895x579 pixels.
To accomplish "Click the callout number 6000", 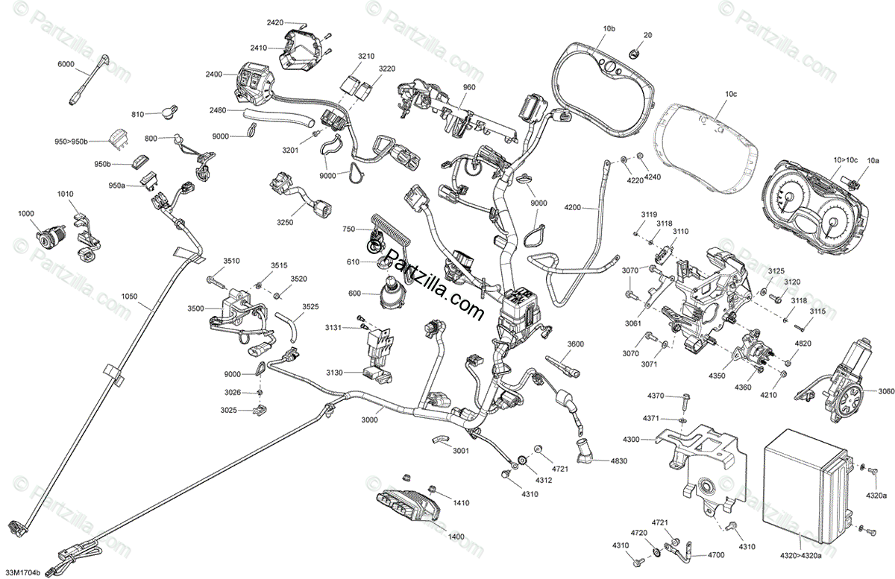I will click(66, 65).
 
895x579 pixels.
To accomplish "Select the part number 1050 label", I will click(129, 296).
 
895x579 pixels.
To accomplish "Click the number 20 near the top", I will click(647, 35).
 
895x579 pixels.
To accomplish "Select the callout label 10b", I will click(609, 28).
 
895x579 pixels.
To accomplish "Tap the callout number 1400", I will click(456, 536).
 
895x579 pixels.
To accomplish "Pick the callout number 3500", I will click(195, 308).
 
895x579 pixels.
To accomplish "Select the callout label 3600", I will click(575, 344).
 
